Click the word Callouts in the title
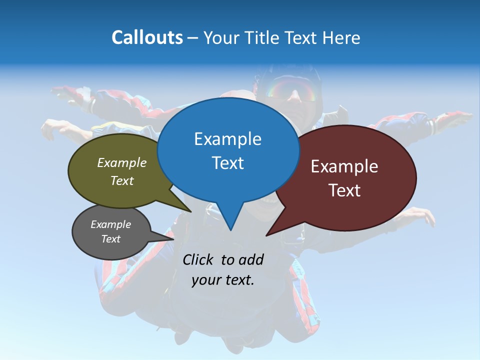tap(147, 37)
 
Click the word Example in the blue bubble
tap(227, 139)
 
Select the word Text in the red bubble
tap(344, 190)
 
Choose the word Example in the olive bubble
tap(122, 163)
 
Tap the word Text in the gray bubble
tap(111, 239)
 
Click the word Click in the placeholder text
tap(198, 259)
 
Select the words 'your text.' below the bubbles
tap(223, 280)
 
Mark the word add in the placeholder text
tap(251, 259)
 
